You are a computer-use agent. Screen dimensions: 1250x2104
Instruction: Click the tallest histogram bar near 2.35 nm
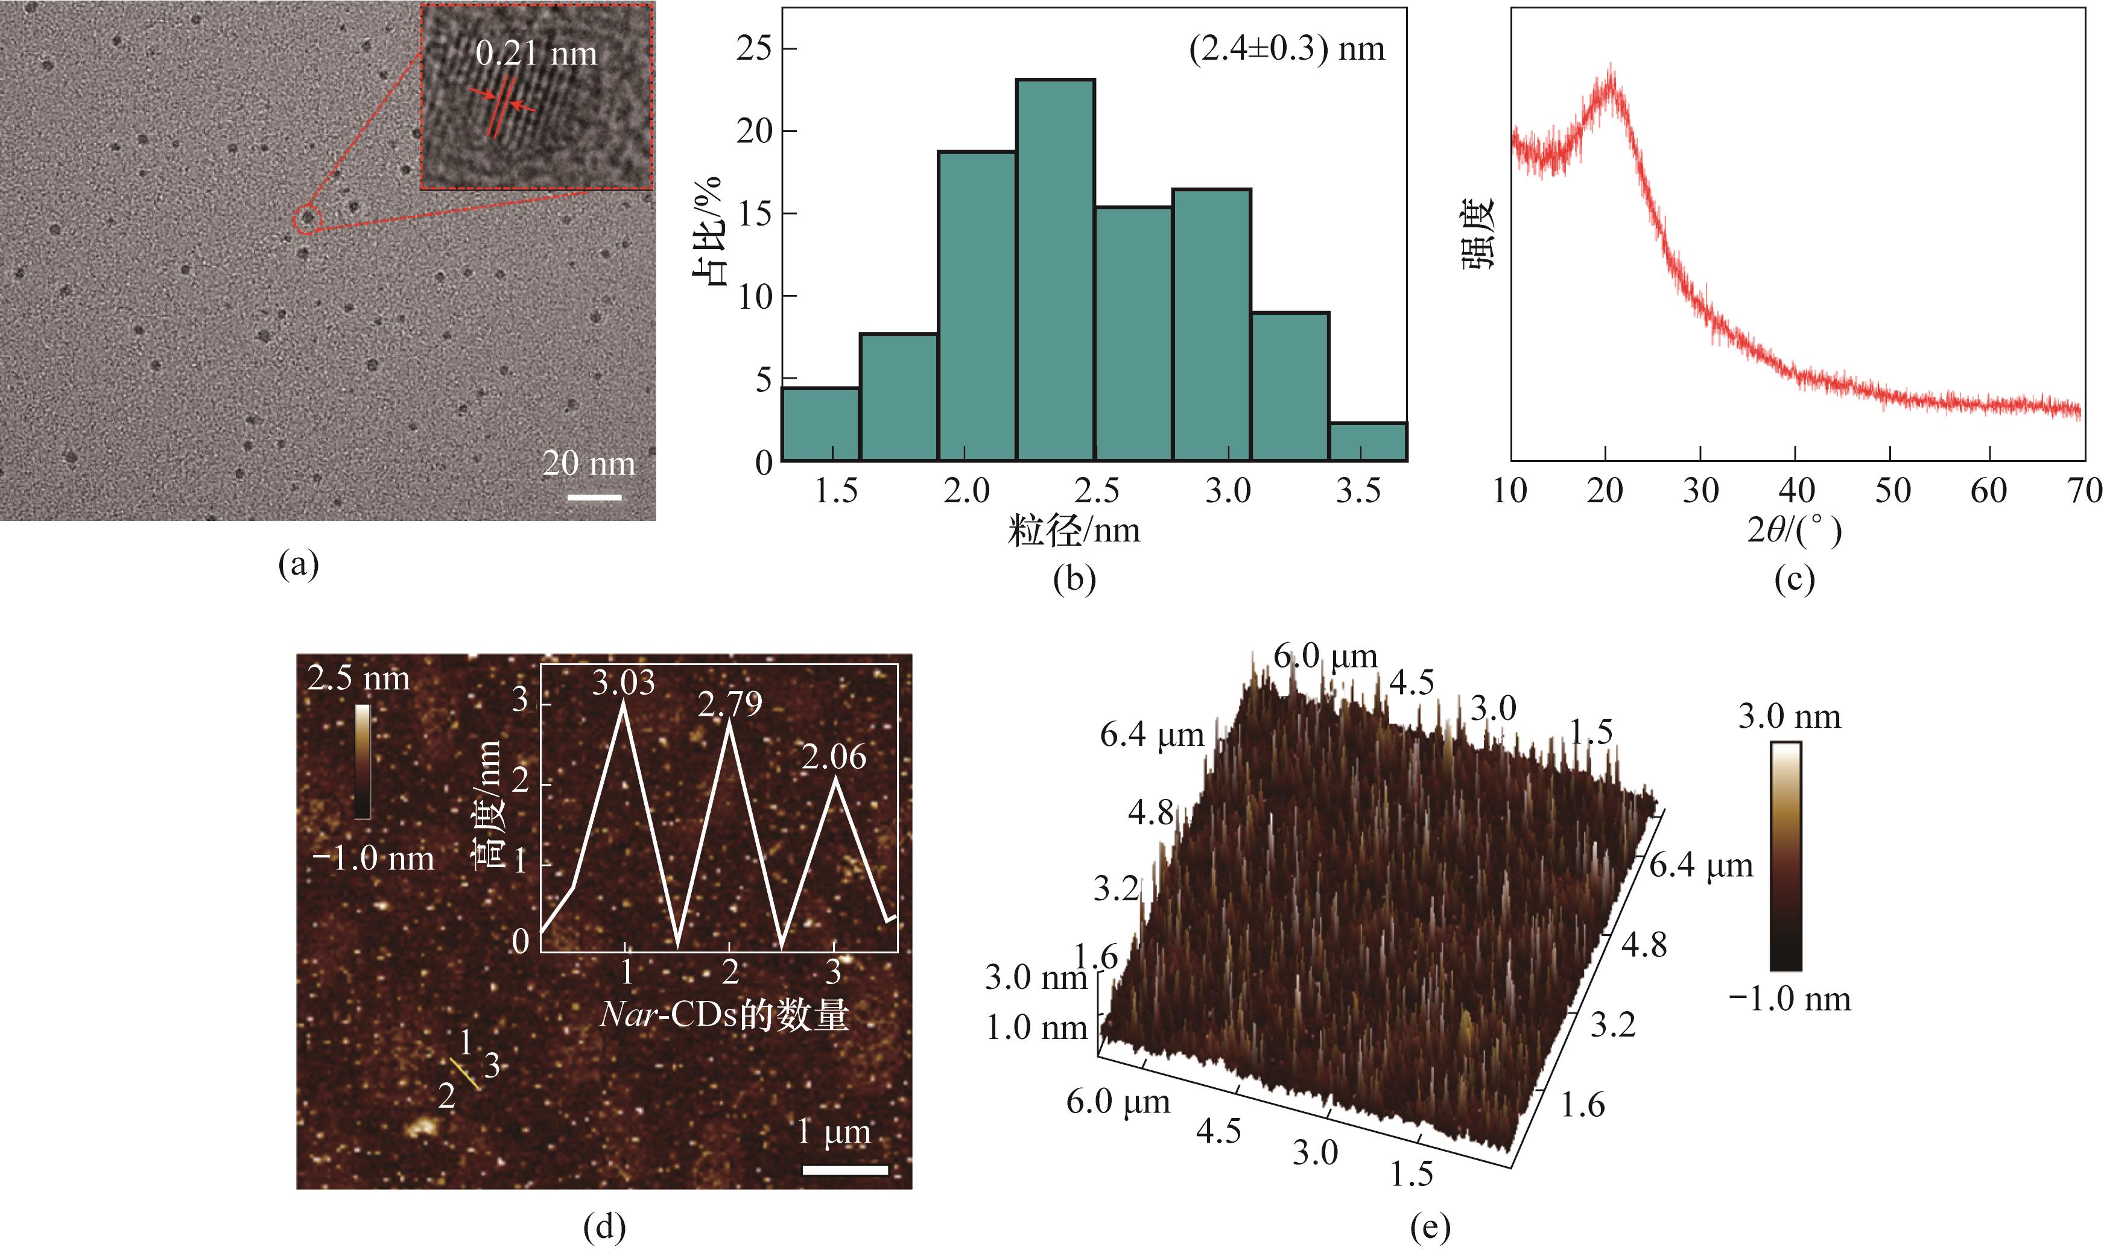(1055, 270)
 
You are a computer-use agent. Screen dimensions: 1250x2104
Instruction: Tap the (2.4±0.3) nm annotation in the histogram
(1287, 49)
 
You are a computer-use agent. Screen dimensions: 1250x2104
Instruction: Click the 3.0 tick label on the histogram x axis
(1228, 490)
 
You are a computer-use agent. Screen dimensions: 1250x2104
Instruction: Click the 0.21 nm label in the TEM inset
(536, 54)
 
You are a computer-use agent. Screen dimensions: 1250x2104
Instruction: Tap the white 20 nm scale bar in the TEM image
(594, 497)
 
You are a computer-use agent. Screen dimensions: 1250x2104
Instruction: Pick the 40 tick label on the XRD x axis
(1796, 490)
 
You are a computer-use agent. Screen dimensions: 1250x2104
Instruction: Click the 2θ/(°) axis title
(1794, 531)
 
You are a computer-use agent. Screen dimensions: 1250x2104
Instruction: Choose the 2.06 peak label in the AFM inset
(834, 756)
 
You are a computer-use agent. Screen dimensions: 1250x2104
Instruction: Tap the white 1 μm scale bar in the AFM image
(845, 1169)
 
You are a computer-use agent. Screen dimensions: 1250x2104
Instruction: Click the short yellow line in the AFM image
(464, 1075)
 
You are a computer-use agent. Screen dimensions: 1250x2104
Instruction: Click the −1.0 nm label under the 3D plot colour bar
(1790, 999)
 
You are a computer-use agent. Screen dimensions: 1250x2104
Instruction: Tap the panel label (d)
(604, 1228)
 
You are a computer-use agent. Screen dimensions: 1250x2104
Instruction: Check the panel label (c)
(1794, 579)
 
